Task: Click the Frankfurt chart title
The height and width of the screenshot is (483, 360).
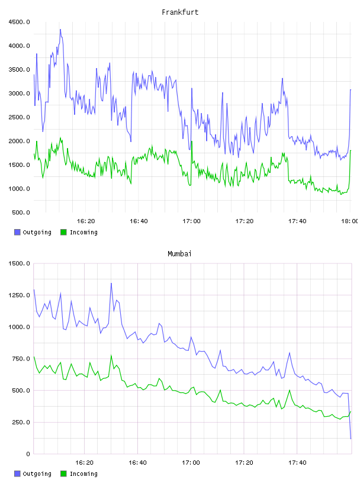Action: (180, 12)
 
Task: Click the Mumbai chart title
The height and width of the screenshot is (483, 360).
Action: (179, 254)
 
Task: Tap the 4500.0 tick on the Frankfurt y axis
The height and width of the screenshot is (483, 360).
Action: (19, 22)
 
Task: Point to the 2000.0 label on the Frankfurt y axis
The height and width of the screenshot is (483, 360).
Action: (19, 141)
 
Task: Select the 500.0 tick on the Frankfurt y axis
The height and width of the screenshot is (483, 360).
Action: (21, 212)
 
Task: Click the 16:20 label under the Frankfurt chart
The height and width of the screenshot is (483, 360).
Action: (86, 221)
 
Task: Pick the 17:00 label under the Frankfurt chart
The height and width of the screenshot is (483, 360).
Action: (191, 221)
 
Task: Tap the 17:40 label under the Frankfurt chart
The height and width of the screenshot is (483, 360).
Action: (297, 221)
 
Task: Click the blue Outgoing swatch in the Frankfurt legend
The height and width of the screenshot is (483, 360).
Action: (17, 232)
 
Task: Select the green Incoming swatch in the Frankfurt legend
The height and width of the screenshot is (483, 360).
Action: (63, 232)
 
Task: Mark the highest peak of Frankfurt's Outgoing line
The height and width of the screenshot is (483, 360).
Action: (60, 30)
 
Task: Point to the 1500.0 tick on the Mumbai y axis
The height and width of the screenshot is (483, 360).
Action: (19, 263)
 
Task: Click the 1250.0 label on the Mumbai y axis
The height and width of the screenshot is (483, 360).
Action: (19, 295)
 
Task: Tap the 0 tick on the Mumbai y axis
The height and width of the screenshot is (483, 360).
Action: (28, 454)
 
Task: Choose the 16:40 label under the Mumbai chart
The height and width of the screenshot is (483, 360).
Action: (137, 463)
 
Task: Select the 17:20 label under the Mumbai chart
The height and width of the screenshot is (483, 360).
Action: (244, 463)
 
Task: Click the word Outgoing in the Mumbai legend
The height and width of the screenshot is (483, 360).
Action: (37, 474)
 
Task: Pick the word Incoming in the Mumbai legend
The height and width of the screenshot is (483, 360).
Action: (83, 474)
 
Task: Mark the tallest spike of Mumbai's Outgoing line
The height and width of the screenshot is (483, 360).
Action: (111, 284)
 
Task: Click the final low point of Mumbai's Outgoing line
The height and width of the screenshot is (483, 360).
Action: (351, 439)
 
